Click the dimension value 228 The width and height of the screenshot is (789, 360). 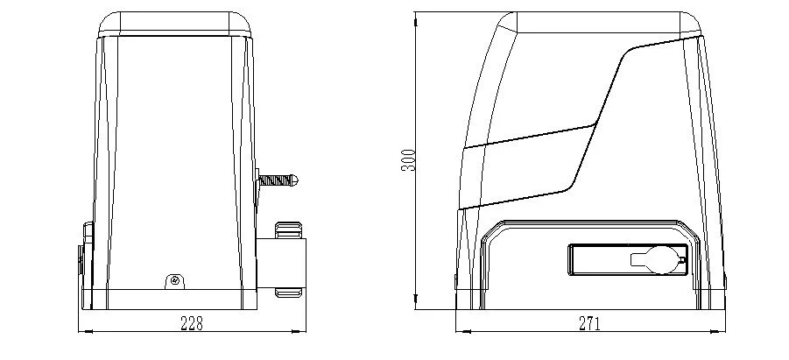pos(192,323)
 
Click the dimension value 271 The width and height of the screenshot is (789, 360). pos(589,323)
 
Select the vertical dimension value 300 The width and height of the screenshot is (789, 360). pos(409,160)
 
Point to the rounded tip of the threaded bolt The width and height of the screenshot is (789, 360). pos(295,180)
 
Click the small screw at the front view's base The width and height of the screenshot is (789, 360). pos(174,280)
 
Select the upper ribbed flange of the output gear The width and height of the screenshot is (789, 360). pos(289,229)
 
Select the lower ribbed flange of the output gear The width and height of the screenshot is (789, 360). pos(289,293)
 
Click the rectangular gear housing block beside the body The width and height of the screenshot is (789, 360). pos(281,263)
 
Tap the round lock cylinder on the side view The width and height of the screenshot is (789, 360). pos(661,260)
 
